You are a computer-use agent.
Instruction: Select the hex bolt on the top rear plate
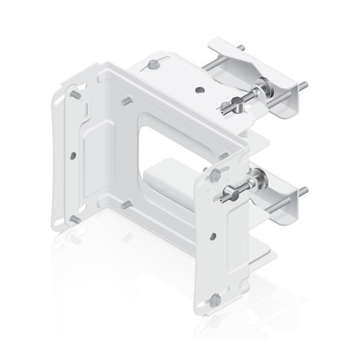pyautogui.click(x=153, y=65)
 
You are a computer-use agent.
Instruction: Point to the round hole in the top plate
pyautogui.click(x=199, y=89)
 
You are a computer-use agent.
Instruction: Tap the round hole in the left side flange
pyautogui.click(x=73, y=154)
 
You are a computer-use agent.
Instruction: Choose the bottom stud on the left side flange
pyautogui.click(x=74, y=218)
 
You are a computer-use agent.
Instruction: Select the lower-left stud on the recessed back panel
pyautogui.click(x=124, y=205)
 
